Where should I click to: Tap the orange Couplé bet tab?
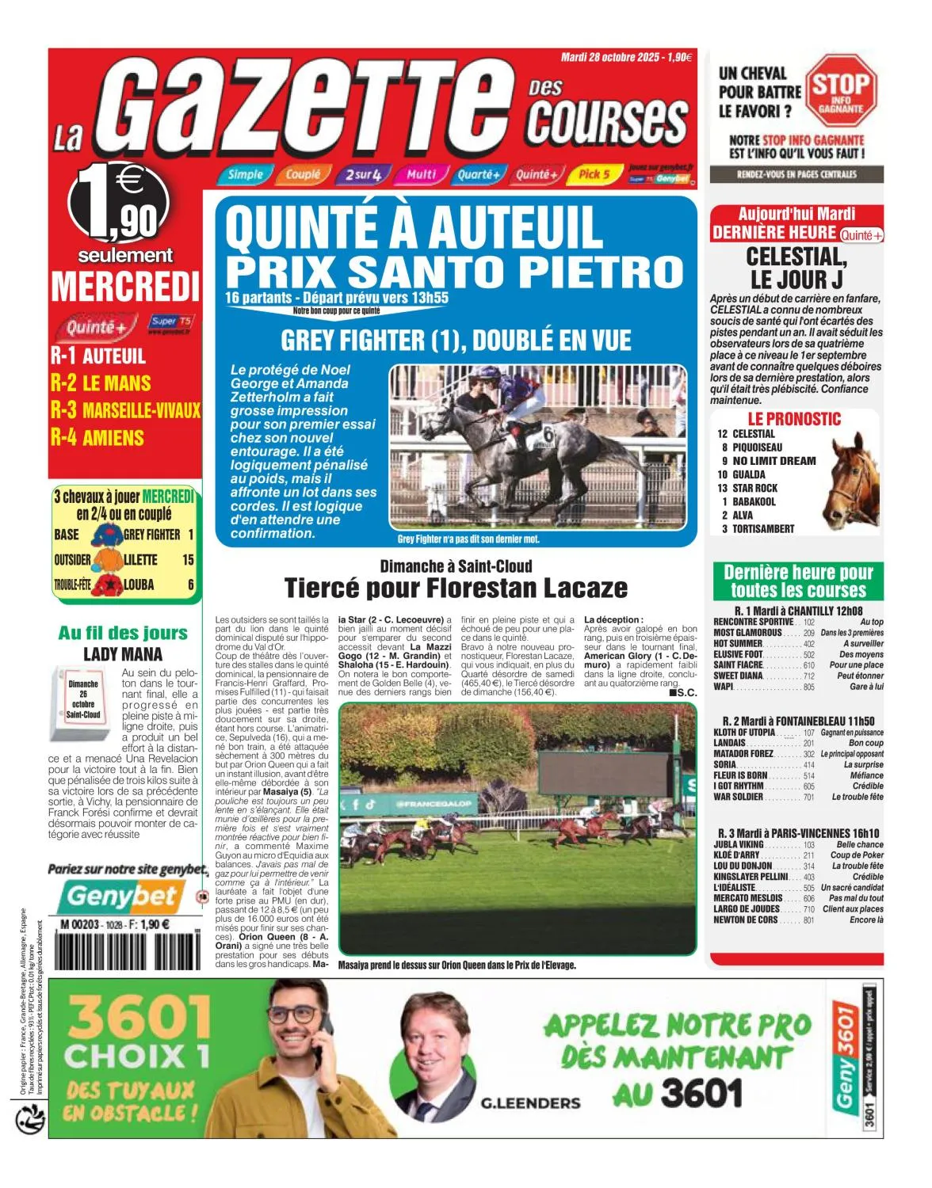tap(302, 174)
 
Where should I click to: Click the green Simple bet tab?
tap(245, 174)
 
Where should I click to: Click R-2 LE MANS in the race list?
tap(101, 383)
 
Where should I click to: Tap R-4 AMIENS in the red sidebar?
tap(97, 437)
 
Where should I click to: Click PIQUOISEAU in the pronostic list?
tap(757, 447)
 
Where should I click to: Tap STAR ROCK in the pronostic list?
tap(754, 488)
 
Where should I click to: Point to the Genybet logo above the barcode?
tap(122, 896)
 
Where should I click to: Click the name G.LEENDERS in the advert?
tap(530, 1102)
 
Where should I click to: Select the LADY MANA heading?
tap(123, 654)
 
